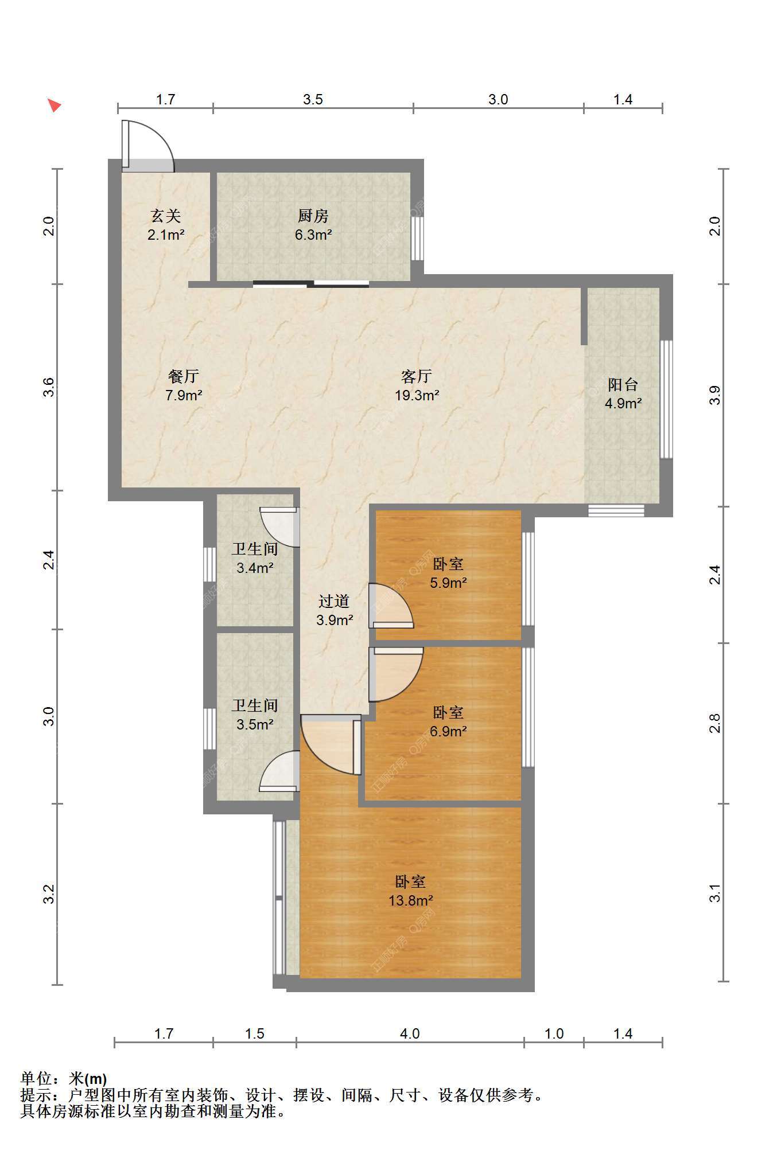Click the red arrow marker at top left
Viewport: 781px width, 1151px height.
(54, 105)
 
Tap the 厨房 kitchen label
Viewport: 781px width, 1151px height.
(313, 216)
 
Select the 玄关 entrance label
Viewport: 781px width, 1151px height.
(165, 216)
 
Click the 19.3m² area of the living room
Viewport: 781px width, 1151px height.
(417, 395)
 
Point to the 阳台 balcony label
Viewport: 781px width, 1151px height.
(623, 384)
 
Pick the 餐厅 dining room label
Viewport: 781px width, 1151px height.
(183, 376)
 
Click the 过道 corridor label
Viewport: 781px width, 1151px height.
(334, 601)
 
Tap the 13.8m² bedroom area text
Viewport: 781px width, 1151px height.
(410, 900)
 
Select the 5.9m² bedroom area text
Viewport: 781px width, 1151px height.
(448, 583)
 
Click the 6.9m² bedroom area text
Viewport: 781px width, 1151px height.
(448, 732)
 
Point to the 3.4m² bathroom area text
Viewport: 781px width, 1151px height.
(255, 568)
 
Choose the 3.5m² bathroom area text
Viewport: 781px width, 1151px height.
(255, 725)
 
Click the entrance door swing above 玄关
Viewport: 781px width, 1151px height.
(147, 146)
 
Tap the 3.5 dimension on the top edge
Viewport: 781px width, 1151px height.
(313, 99)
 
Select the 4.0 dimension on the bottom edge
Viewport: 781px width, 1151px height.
(410, 1033)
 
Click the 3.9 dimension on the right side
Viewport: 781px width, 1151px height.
(714, 396)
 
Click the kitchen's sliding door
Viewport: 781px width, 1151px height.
(311, 283)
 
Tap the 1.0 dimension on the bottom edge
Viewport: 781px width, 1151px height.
(554, 1033)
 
